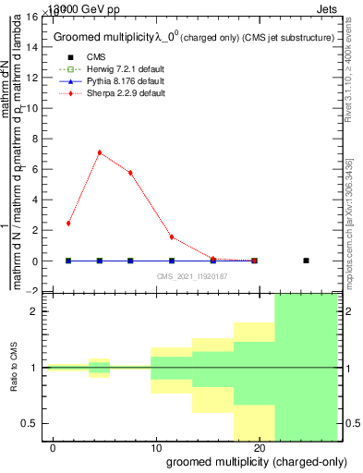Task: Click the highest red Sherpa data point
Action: click(99, 152)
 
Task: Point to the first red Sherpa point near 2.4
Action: click(68, 224)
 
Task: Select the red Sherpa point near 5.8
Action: click(130, 173)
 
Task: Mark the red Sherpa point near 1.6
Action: click(172, 237)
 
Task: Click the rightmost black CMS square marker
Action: click(306, 261)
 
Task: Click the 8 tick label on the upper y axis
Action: click(34, 139)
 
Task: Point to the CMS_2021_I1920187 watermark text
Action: click(192, 276)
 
